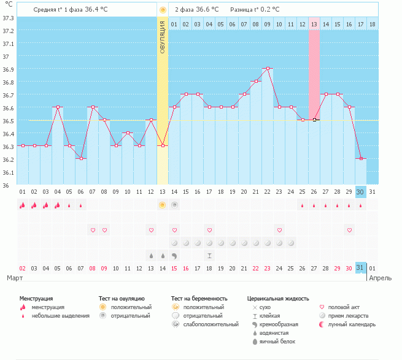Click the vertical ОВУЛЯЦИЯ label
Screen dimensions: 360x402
click(163, 36)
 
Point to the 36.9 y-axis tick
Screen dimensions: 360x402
click(7, 69)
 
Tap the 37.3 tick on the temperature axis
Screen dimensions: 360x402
click(7, 18)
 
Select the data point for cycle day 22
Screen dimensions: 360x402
click(268, 68)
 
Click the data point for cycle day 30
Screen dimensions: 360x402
click(361, 158)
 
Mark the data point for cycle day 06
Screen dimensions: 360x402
click(81, 158)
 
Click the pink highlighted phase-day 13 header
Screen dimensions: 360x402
click(314, 24)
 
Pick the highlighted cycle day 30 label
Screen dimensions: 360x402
click(361, 191)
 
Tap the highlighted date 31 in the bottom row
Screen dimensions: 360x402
click(361, 268)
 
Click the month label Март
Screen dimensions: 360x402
click(15, 278)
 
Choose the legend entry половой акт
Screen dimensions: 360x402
click(343, 307)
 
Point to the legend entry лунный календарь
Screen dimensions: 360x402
click(351, 324)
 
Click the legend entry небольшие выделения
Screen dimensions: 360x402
click(60, 315)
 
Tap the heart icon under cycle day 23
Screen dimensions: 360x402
click(279, 230)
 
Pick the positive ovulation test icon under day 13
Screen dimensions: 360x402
click(163, 204)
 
